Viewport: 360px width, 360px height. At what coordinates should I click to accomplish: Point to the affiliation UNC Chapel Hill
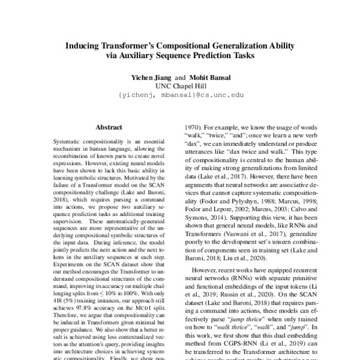179,86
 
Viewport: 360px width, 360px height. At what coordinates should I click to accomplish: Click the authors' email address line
180,95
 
